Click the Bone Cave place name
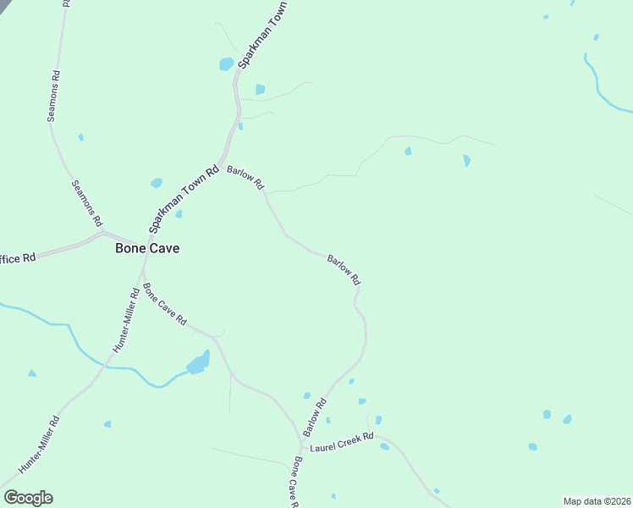(147, 249)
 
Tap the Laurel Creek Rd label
(341, 442)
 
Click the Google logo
(28, 498)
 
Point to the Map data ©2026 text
(597, 501)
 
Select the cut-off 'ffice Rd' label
(18, 257)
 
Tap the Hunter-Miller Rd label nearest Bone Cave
(125, 321)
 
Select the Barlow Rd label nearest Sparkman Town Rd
(245, 178)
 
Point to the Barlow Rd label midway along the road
(344, 270)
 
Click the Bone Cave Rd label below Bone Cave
(164, 305)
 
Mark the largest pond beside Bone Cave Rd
(198, 364)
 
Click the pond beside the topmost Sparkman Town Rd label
(227, 63)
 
